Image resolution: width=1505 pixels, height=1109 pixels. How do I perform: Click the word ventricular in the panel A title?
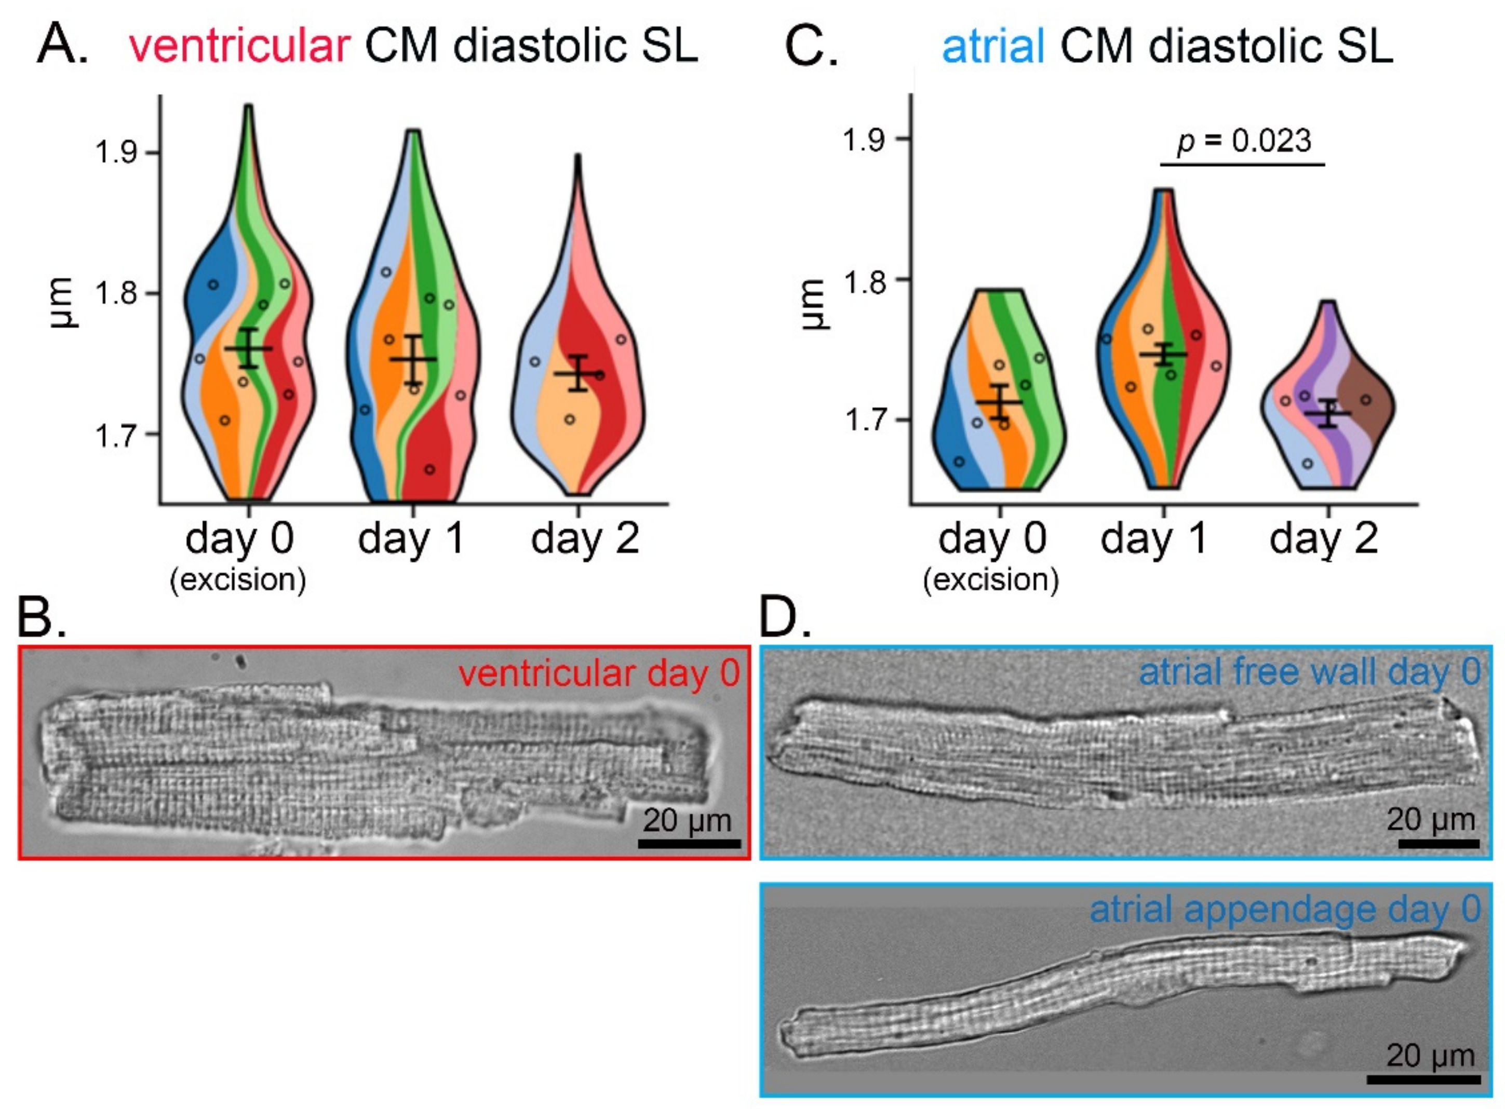[239, 46]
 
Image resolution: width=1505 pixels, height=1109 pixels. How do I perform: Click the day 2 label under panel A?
[584, 538]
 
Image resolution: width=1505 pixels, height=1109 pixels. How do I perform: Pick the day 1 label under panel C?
[1153, 538]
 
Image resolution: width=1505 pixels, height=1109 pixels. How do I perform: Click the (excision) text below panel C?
[991, 579]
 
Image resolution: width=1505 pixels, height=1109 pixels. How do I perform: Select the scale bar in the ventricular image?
[689, 844]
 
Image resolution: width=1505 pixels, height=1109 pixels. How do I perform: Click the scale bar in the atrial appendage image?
[1423, 1079]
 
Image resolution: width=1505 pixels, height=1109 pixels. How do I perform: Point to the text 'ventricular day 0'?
[599, 673]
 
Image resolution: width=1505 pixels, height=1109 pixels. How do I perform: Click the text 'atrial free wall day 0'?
[1309, 672]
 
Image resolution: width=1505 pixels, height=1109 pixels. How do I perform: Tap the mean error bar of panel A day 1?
[413, 359]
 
